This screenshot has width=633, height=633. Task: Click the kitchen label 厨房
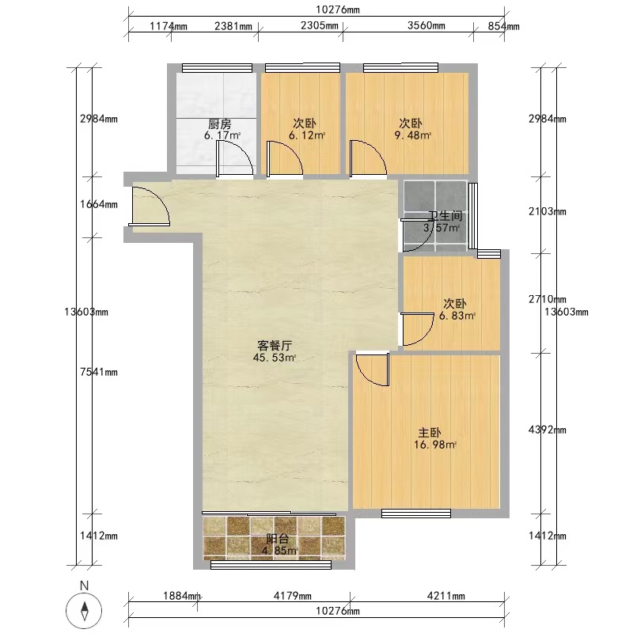[x=220, y=123]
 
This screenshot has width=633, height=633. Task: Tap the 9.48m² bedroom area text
[x=412, y=135]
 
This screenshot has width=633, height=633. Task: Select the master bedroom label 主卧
[x=429, y=433]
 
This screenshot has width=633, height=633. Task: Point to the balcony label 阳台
[x=278, y=539]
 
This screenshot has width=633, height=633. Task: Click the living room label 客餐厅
[x=275, y=346]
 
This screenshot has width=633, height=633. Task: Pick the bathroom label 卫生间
[x=445, y=216]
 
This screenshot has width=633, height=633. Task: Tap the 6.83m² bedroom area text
[x=457, y=316]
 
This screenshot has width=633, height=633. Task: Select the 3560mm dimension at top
[x=426, y=25]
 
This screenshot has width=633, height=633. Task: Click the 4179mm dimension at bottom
[x=292, y=596]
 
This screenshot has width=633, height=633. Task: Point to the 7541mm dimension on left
[x=99, y=372]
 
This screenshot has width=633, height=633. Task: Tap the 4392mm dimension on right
[x=547, y=430]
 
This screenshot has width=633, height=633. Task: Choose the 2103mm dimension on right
[x=547, y=211]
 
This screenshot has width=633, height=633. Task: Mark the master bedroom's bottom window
[x=416, y=514]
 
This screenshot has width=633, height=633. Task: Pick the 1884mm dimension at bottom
[x=182, y=596]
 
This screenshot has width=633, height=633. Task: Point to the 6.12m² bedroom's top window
[x=302, y=67]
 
